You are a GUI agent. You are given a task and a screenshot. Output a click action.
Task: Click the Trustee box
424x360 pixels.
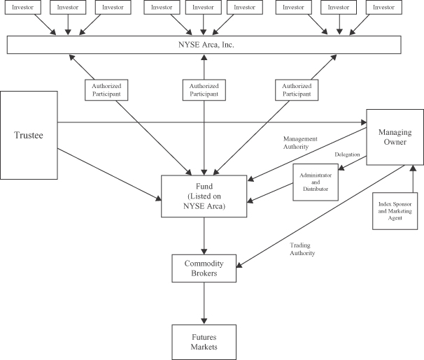pyautogui.click(x=29, y=134)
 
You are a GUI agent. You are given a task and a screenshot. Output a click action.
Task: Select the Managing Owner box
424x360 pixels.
pyautogui.click(x=395, y=137)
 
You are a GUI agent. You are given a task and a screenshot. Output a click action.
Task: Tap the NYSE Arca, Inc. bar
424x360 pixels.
pyautogui.click(x=204, y=44)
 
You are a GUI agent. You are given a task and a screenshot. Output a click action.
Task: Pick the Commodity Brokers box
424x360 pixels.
pyautogui.click(x=204, y=268)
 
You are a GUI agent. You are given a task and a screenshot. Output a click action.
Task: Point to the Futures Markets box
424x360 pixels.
pyautogui.click(x=204, y=342)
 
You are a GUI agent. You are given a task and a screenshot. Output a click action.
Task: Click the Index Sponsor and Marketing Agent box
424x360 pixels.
pyautogui.click(x=397, y=210)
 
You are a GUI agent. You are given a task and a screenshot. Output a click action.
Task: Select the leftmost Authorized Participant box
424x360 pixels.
pyautogui.click(x=106, y=89)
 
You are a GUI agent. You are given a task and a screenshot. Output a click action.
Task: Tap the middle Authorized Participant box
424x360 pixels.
pyautogui.click(x=204, y=89)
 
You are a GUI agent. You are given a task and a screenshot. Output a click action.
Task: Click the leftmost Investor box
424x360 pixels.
pyautogui.click(x=24, y=8)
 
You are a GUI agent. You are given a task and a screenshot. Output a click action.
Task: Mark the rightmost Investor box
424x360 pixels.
pyautogui.click(x=383, y=8)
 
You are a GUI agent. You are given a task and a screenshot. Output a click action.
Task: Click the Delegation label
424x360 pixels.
pyautogui.click(x=347, y=154)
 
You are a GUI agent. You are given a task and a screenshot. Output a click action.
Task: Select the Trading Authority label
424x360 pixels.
pyautogui.click(x=302, y=248)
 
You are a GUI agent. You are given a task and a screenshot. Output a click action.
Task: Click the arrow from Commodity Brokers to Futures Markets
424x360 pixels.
pyautogui.click(x=204, y=303)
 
